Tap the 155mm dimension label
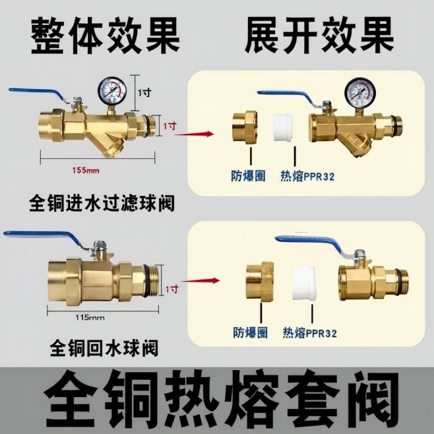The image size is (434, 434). coord(85,170)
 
